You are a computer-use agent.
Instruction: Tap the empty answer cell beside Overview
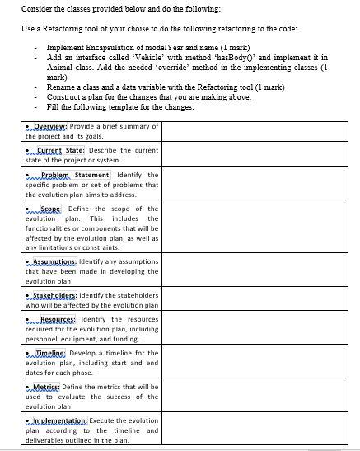coord(259,130)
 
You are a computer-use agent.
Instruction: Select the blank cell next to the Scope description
coord(259,228)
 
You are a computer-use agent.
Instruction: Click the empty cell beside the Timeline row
coord(259,361)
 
